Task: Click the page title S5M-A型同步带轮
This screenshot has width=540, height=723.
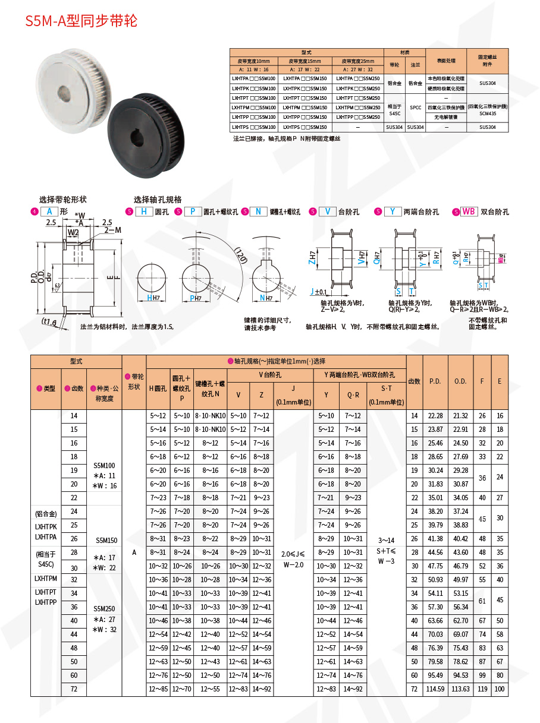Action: click(81, 21)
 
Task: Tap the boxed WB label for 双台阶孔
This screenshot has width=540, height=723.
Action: click(469, 211)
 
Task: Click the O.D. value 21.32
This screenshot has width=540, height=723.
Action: click(460, 416)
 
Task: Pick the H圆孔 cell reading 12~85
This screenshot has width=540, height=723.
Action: click(158, 689)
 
